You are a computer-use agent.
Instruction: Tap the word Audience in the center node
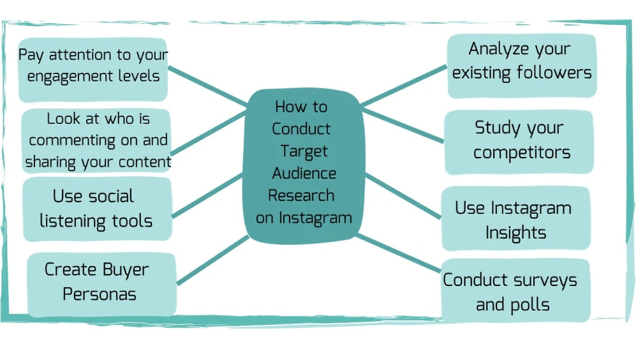coord(304,173)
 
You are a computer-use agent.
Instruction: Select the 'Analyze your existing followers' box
coord(521,61)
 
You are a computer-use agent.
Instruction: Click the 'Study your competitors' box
coord(519,140)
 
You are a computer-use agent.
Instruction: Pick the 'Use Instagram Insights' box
coord(515,220)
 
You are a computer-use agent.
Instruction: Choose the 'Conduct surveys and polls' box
coord(514,292)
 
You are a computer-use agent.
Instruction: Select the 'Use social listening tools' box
coord(96,209)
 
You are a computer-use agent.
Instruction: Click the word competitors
coord(522,153)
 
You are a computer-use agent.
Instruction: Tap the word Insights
coord(516,232)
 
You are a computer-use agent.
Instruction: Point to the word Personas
coord(100,294)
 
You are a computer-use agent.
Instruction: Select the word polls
coord(530,304)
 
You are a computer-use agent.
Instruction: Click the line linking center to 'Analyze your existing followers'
coord(402,85)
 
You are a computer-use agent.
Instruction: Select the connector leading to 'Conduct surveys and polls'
coord(399,252)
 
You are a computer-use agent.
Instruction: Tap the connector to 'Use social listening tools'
coord(207,194)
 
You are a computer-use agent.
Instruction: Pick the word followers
coord(553,73)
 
